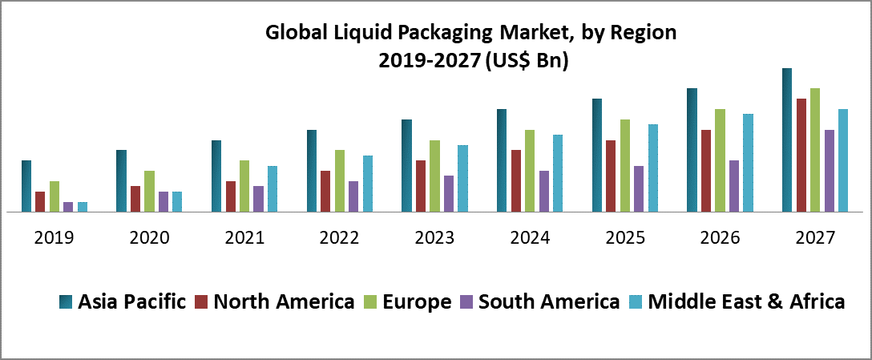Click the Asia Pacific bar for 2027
tap(787, 140)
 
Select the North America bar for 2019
tap(40, 202)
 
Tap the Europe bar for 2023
tap(435, 176)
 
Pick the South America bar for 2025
tap(639, 189)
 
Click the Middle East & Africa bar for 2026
tap(748, 163)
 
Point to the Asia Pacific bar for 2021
tap(216, 176)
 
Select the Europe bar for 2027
tap(815, 150)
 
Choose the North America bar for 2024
tap(516, 181)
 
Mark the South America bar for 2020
tap(163, 202)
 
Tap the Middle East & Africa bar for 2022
tap(368, 184)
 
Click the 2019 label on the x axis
tap(54, 238)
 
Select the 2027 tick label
tap(815, 238)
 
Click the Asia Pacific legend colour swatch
tap(66, 302)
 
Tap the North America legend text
tap(284, 302)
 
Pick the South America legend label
tap(549, 302)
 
